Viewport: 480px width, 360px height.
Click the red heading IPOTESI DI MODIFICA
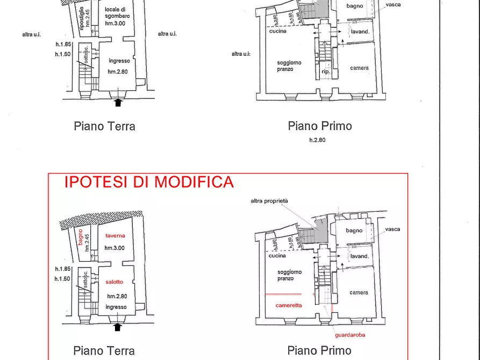(x=149, y=182)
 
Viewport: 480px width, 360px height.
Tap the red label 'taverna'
(x=115, y=235)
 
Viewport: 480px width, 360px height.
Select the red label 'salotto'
(x=114, y=282)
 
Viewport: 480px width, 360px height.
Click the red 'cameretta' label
(x=289, y=305)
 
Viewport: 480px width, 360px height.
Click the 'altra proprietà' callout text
(x=269, y=201)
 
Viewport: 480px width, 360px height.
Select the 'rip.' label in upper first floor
(x=326, y=71)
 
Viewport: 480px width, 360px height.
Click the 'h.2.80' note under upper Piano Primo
(x=318, y=140)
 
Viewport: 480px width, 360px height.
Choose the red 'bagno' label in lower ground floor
(x=81, y=237)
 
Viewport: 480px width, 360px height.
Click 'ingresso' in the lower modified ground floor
(x=116, y=307)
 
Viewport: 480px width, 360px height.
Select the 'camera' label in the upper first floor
(x=359, y=68)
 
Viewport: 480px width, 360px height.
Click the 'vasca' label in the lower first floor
(x=392, y=229)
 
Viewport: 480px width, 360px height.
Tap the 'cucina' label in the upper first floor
(x=278, y=31)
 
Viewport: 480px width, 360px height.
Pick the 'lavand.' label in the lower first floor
(x=360, y=256)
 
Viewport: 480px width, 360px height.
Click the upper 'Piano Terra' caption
(x=104, y=127)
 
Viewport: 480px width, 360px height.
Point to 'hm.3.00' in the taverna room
(x=114, y=248)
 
